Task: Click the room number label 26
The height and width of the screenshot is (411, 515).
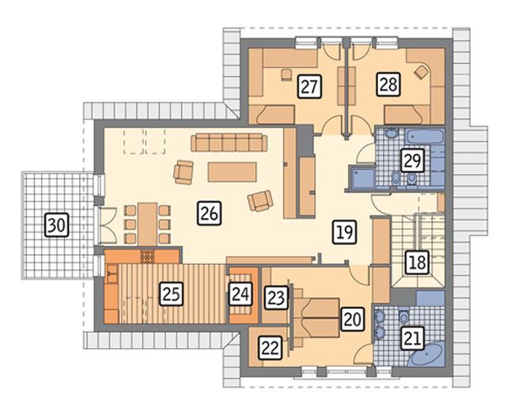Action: click(209, 213)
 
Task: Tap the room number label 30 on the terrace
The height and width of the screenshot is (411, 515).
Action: click(56, 225)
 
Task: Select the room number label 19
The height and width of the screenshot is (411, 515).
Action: click(345, 232)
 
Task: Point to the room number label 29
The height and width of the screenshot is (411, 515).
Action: click(412, 160)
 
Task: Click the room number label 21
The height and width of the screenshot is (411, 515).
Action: click(412, 338)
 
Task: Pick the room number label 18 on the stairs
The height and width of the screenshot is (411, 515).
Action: click(417, 262)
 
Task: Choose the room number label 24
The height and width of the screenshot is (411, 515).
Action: click(240, 294)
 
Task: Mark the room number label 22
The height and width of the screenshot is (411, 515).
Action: click(271, 347)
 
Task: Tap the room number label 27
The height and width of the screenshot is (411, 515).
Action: click(309, 86)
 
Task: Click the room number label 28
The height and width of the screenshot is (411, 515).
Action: click(388, 85)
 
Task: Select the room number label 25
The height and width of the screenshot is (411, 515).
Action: click(171, 294)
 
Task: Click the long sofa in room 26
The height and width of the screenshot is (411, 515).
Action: click(229, 142)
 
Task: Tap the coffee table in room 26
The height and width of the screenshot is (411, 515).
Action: click(232, 172)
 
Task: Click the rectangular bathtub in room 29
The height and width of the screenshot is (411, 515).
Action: click(425, 136)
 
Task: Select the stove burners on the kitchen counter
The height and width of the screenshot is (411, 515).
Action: click(147, 256)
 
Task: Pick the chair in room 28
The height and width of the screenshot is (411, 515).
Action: click(422, 71)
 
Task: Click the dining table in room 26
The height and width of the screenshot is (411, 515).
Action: click(147, 224)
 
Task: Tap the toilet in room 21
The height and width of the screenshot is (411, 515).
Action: click(403, 317)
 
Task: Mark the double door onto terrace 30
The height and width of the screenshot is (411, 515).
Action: click(108, 225)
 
